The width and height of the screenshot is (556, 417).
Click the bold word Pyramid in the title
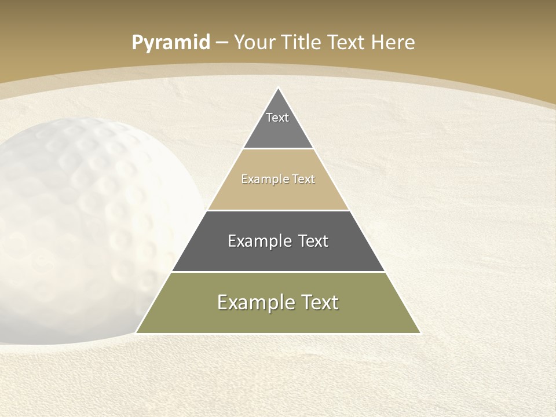coord(170,43)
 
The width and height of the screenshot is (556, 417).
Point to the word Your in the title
coord(254,42)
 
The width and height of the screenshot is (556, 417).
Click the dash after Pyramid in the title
coord(222,43)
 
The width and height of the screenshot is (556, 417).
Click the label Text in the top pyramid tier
coord(277,118)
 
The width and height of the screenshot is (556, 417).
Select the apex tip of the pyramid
coord(278,89)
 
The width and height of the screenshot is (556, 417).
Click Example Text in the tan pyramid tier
coord(278,179)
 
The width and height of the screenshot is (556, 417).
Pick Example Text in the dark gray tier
coord(278,241)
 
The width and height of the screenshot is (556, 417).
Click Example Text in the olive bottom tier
coord(278,302)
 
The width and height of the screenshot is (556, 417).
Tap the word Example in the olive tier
coord(253,302)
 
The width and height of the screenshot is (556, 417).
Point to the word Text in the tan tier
coord(303,179)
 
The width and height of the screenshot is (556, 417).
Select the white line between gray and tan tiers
coord(278,149)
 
